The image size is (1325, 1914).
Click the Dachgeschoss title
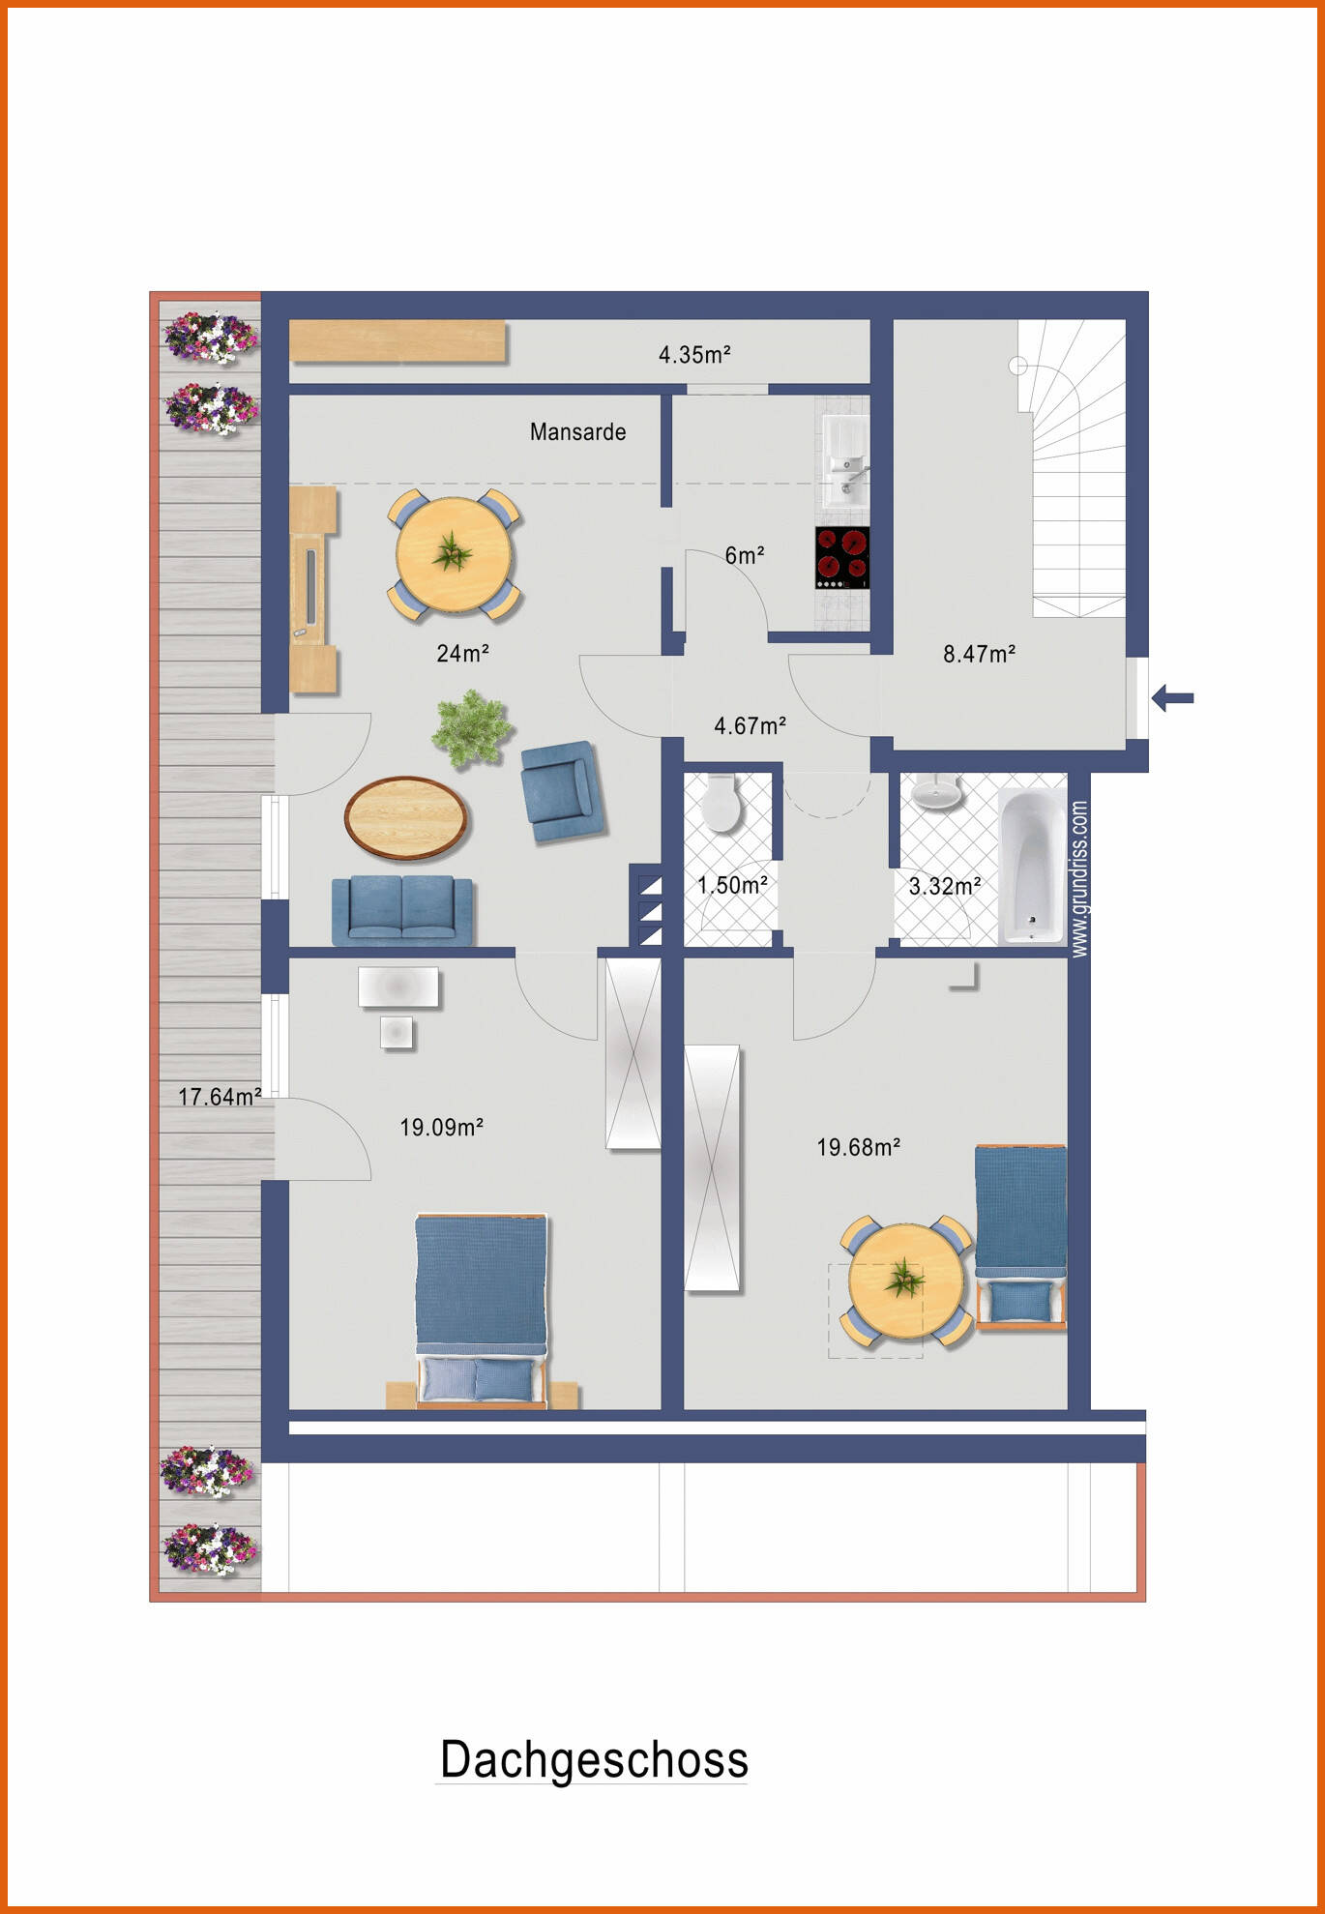(594, 1759)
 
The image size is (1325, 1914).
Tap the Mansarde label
(577, 431)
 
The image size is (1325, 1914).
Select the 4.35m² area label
(694, 355)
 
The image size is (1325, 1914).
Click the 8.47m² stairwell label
(979, 654)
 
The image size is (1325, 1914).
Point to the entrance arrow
(1172, 697)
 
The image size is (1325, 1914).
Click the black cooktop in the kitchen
(841, 557)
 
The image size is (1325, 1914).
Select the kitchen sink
(845, 464)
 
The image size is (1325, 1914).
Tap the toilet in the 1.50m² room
(721, 803)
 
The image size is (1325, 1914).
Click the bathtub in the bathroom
(1031, 866)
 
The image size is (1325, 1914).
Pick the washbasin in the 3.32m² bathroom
(936, 793)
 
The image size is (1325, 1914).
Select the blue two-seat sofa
(402, 909)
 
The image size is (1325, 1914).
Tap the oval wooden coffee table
(406, 818)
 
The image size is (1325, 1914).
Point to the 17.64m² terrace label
(220, 1097)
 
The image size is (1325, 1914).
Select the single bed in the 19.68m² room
(1020, 1233)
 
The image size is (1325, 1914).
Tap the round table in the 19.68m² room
(905, 1281)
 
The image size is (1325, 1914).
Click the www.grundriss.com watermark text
(1080, 878)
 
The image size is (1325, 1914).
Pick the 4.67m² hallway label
(750, 725)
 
